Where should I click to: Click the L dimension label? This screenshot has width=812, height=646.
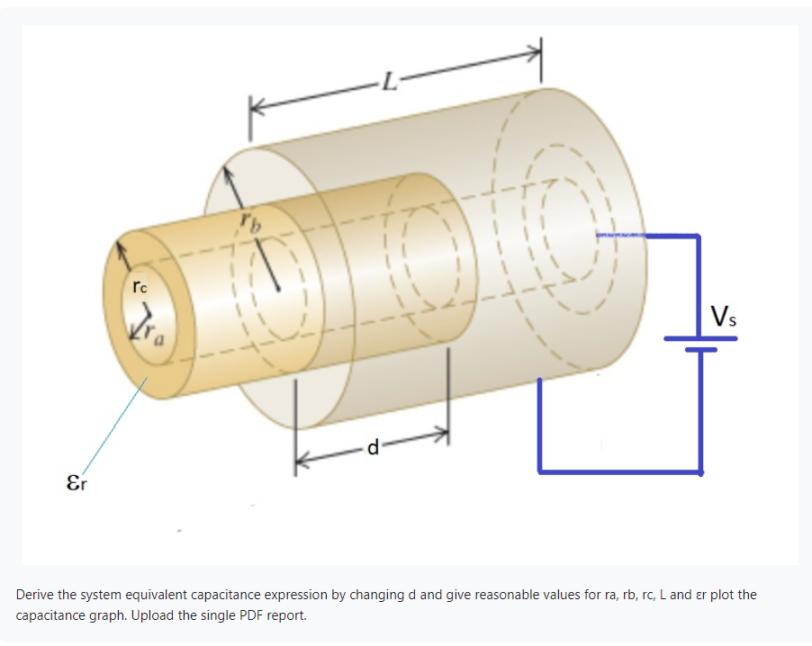pyautogui.click(x=388, y=85)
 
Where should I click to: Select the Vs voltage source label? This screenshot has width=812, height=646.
pyautogui.click(x=726, y=317)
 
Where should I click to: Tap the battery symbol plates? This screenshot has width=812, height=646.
pyautogui.click(x=700, y=344)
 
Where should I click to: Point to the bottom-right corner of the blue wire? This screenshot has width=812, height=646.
pyautogui.click(x=699, y=471)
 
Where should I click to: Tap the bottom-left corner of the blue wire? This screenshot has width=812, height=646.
pyautogui.click(x=539, y=471)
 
